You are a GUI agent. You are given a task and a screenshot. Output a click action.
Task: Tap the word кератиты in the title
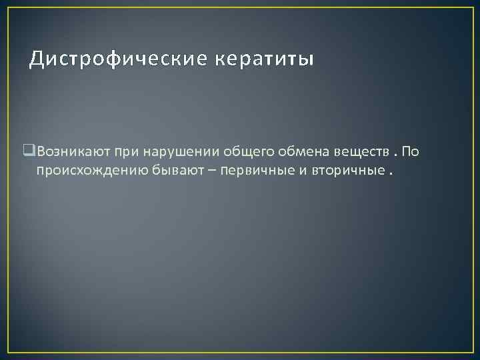click(264, 60)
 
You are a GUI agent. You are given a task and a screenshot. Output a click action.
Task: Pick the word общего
click(223, 152)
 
